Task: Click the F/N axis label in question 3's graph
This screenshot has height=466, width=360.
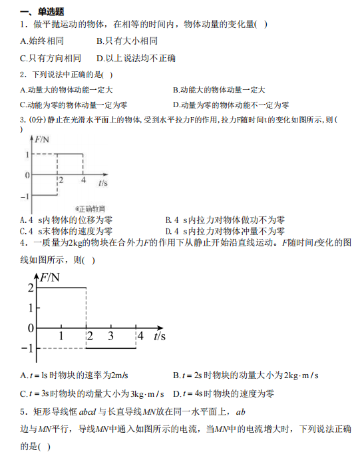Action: (x=44, y=139)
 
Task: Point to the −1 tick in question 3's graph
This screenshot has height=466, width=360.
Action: (x=25, y=197)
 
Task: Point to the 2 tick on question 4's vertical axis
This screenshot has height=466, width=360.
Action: (x=31, y=288)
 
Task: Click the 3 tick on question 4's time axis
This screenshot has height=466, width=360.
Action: (x=110, y=336)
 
